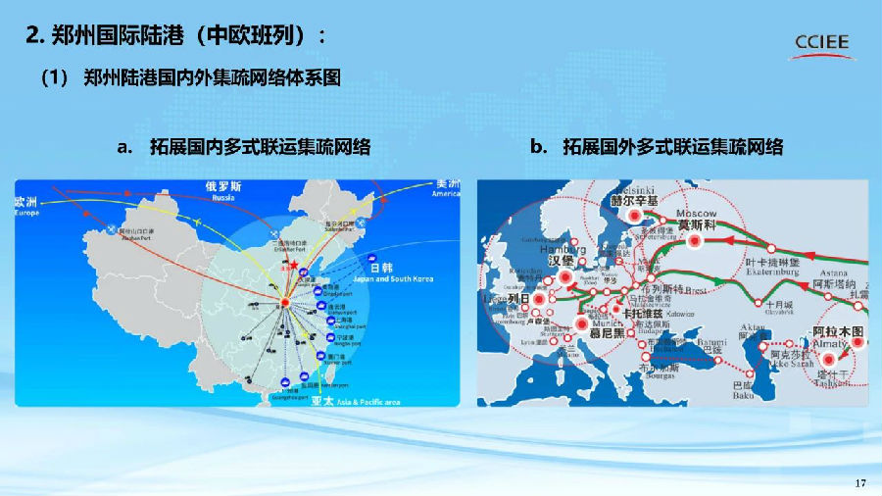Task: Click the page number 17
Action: [x=861, y=482]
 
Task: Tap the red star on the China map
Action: [x=291, y=265]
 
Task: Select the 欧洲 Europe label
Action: [x=30, y=203]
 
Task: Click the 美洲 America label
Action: [x=447, y=186]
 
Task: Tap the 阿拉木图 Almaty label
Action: [x=839, y=332]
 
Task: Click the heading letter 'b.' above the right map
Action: [x=538, y=147]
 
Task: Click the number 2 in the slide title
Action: [x=32, y=37]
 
